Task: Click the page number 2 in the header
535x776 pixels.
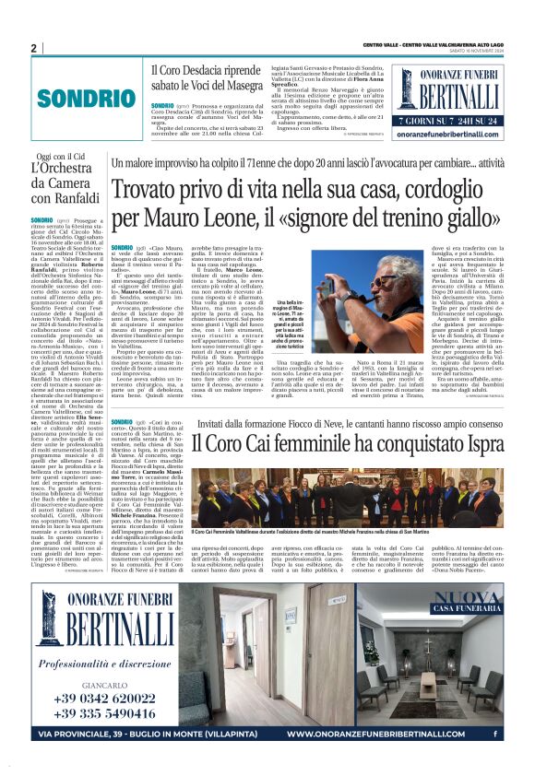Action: coord(32,47)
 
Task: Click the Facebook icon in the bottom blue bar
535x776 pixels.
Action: coord(494,735)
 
